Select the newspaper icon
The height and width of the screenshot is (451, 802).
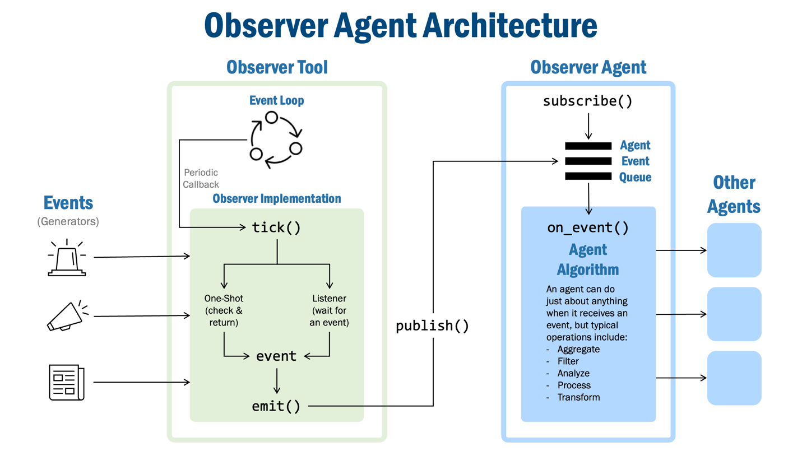click(66, 383)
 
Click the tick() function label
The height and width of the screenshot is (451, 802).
click(276, 227)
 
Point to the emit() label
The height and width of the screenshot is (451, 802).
click(276, 406)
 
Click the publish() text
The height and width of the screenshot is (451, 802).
click(432, 326)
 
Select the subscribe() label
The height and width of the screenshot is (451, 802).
click(587, 101)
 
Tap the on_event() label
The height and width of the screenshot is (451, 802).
click(587, 228)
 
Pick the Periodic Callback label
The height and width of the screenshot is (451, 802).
click(201, 178)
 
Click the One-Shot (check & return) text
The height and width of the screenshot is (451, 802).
click(224, 310)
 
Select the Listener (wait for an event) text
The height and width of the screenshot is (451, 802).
click(329, 310)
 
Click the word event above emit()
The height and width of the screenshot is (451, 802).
click(276, 356)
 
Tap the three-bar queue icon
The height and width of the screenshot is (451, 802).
click(588, 161)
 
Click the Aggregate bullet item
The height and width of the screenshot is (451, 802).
click(578, 349)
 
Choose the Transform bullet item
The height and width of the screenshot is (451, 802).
click(578, 397)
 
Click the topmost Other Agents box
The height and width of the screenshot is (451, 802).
click(734, 250)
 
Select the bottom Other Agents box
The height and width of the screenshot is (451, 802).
click(734, 378)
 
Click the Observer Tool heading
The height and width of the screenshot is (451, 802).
click(277, 67)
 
